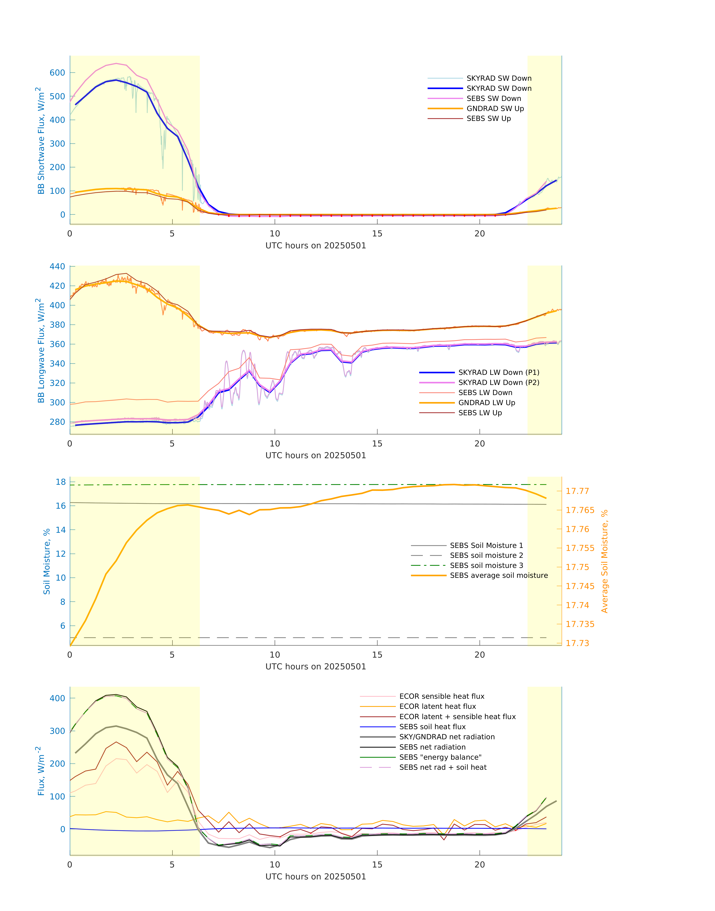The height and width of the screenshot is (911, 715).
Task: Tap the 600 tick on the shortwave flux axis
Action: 57,73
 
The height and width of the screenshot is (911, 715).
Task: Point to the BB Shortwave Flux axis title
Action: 41,141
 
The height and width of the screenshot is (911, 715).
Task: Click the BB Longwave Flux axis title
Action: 41,351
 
